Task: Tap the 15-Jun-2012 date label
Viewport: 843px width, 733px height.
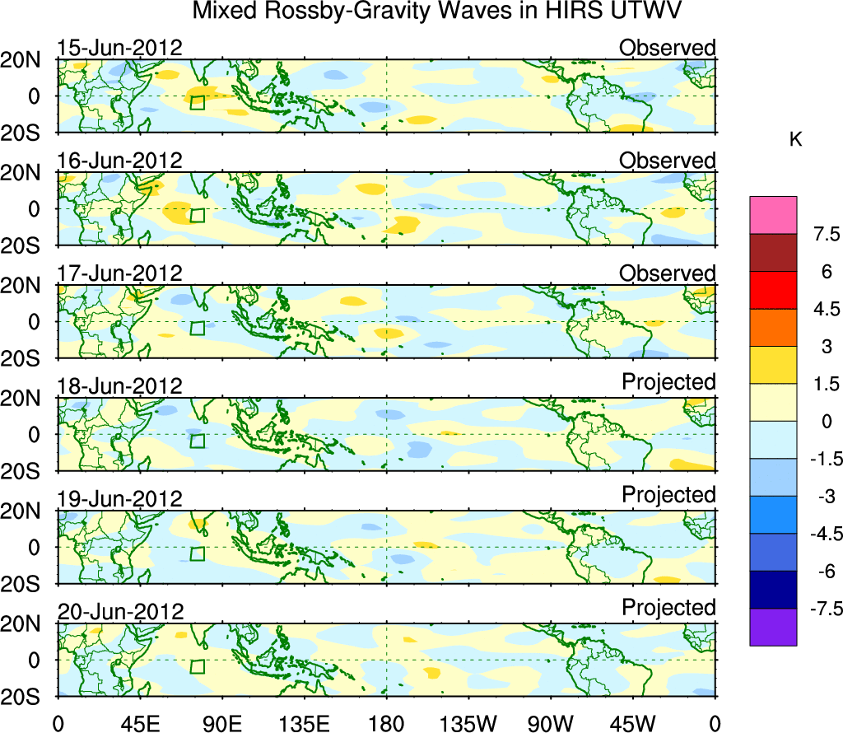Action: [119, 48]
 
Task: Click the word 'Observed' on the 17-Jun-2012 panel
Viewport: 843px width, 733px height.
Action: [667, 273]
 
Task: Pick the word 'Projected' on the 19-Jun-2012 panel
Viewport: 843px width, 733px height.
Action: [668, 495]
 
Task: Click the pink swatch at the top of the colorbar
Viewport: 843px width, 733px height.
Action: [773, 215]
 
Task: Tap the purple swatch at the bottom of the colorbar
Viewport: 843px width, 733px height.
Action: [773, 627]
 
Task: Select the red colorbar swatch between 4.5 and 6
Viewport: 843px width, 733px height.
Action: [773, 290]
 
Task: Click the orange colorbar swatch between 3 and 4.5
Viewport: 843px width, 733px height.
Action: [773, 328]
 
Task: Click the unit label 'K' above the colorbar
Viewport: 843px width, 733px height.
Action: [796, 140]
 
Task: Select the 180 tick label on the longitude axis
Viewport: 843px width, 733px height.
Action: [386, 722]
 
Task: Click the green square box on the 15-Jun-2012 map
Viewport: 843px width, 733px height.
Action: [198, 102]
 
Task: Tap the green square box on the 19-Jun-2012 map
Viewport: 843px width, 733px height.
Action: [198, 553]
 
